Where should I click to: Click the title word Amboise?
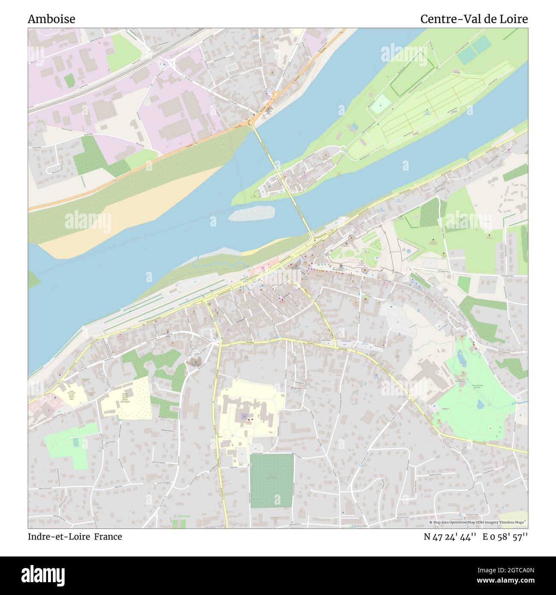click(51, 19)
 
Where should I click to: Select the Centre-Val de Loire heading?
click(473, 19)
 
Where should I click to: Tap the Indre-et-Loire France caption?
click(75, 536)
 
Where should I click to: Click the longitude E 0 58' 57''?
click(506, 536)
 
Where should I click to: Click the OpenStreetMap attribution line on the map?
click(477, 522)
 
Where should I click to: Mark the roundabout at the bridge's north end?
click(250, 123)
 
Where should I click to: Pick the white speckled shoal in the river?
click(251, 212)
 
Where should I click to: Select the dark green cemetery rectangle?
click(272, 480)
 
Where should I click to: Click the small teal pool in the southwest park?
click(76, 442)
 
